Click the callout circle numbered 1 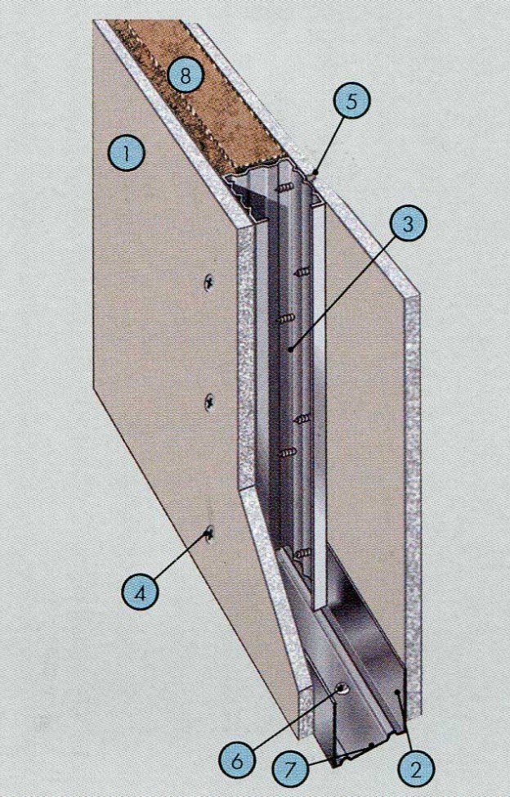coord(127,153)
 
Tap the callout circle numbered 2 coord(416,770)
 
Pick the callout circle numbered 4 coord(140,593)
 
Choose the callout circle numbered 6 coord(237,762)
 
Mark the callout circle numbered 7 coord(290,769)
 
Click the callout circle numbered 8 coord(186,77)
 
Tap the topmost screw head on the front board coord(208,281)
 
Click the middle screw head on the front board coord(209,403)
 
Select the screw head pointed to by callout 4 coord(208,534)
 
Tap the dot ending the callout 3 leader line coord(289,349)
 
